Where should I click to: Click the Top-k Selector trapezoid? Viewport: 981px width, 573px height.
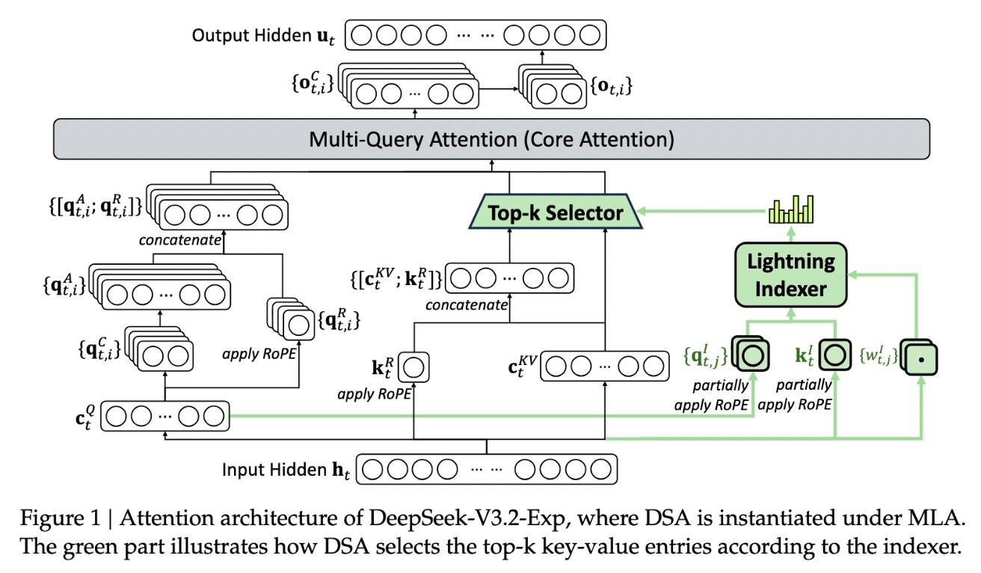click(x=556, y=212)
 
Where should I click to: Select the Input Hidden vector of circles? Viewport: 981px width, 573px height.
click(x=489, y=471)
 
